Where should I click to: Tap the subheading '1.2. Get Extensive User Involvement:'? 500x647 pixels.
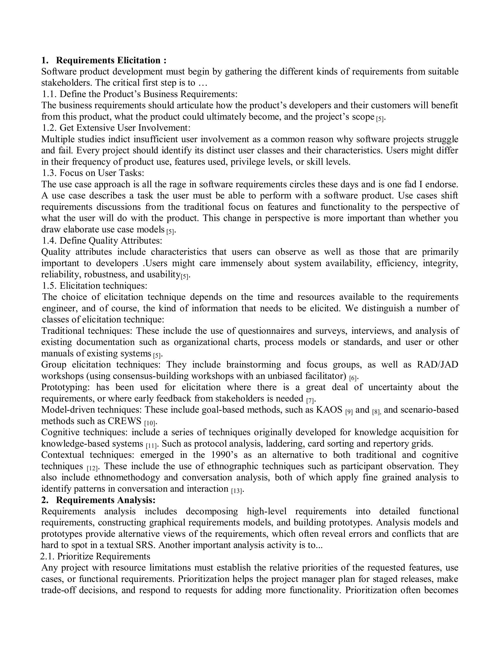pos(116,128)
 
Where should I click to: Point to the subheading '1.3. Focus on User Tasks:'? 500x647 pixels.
pos(93,173)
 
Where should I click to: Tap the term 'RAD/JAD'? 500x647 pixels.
pos(437,365)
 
